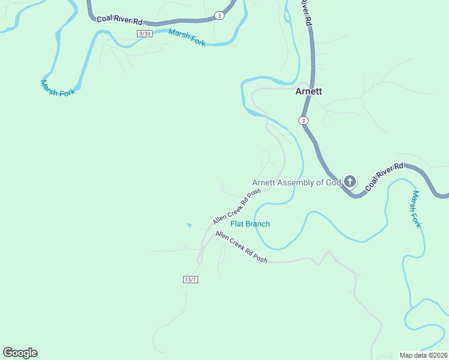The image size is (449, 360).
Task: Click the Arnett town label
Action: point(309,92)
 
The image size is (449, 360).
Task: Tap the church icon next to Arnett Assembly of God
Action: point(350,182)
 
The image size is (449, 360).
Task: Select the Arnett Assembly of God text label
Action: point(297,182)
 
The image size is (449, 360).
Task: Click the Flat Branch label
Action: point(250,224)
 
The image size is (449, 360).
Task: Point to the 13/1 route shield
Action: point(190,280)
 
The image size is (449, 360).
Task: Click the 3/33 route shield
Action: point(144,34)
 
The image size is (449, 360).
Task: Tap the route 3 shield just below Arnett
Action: point(304,121)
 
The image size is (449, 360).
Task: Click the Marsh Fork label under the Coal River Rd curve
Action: point(416,209)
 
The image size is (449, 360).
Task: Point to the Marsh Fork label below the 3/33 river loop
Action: point(58,88)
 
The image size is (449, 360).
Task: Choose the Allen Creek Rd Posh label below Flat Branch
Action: point(241,247)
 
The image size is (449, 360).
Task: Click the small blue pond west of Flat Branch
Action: point(189,225)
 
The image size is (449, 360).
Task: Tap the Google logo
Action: point(20,353)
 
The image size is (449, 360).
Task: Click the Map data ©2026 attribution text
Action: point(423,355)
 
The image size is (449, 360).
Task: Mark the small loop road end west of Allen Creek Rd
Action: point(221,186)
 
